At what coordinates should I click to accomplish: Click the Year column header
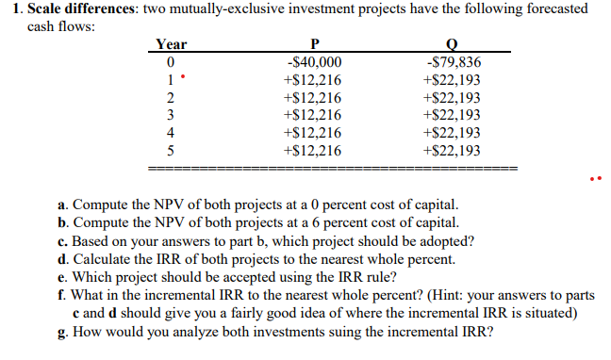172,44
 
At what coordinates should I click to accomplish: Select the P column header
312,44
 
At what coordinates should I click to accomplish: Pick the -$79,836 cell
454,62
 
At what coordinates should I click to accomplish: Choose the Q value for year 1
454,80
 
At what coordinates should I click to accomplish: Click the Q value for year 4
454,133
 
